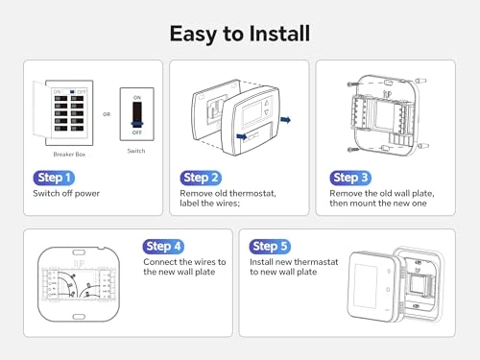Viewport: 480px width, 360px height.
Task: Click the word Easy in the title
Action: [197, 34]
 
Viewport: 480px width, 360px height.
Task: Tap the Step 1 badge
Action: [53, 178]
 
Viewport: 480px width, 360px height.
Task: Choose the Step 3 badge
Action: [351, 178]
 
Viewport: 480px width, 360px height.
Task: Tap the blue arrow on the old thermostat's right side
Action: [285, 121]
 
